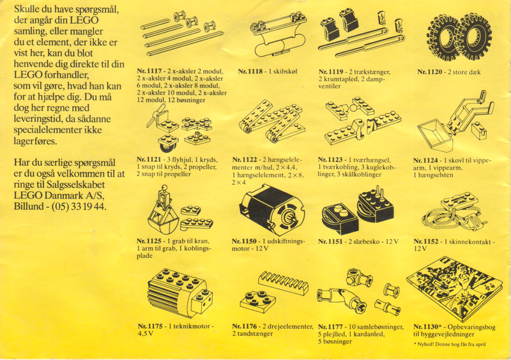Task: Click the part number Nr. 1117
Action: (x=149, y=71)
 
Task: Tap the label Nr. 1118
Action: (x=250, y=71)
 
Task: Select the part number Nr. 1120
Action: (x=429, y=72)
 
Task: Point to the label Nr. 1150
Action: (x=244, y=241)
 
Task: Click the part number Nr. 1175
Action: (x=150, y=326)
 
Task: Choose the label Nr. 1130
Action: (x=427, y=326)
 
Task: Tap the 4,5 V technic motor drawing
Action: (x=180, y=293)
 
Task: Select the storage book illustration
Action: (x=454, y=288)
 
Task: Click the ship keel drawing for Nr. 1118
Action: (x=278, y=36)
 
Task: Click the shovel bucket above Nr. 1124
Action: (x=435, y=135)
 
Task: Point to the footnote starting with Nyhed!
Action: (x=450, y=344)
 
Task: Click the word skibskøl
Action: (x=283, y=71)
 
